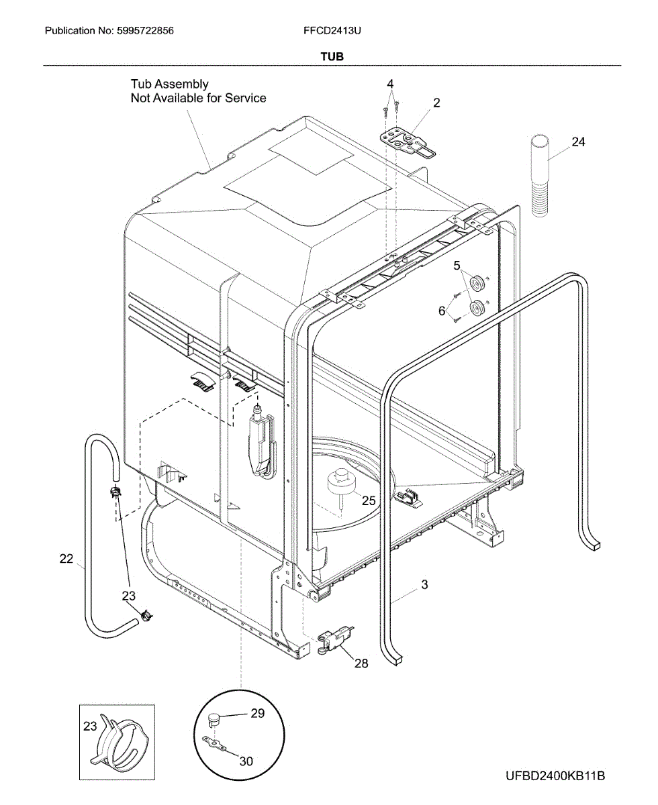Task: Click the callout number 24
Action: (x=578, y=142)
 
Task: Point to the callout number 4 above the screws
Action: (x=390, y=84)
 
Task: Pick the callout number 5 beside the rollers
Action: (x=457, y=266)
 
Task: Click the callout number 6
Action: (x=441, y=311)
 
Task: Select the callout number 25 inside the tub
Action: (x=369, y=500)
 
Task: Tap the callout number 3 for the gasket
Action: (x=424, y=585)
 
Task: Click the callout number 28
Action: (x=361, y=663)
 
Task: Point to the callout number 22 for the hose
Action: (x=66, y=558)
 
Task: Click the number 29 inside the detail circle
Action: (x=258, y=714)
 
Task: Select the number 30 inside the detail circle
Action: (x=246, y=761)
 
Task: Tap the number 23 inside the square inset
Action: (x=90, y=727)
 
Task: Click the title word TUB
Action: (x=332, y=57)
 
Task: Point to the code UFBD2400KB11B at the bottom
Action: (x=556, y=776)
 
